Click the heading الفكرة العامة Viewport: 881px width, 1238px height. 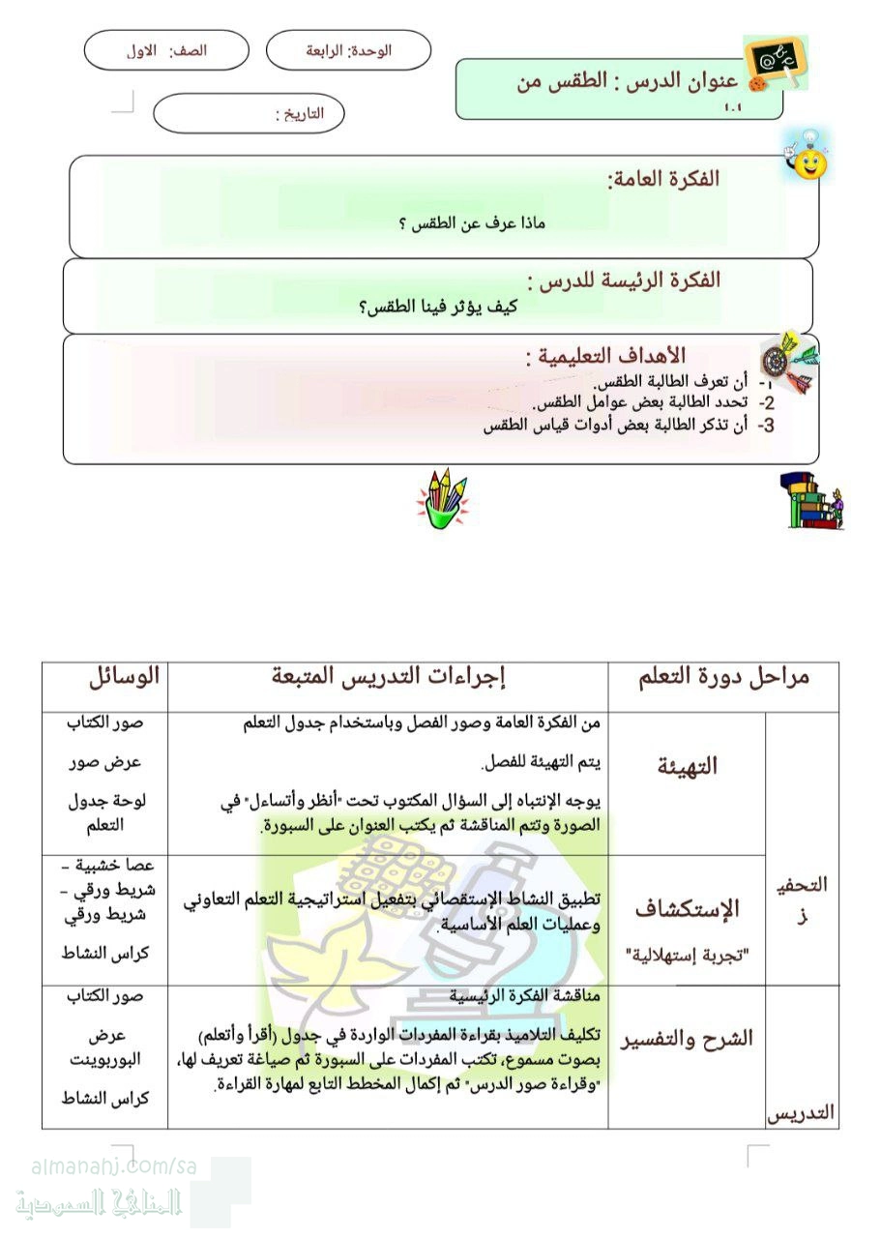tap(663, 179)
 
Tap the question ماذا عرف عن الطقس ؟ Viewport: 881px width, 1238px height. tap(473, 224)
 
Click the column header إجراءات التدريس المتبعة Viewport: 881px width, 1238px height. tap(390, 677)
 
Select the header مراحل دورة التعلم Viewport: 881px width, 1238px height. tap(724, 677)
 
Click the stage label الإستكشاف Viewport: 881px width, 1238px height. tap(688, 908)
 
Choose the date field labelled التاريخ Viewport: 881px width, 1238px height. tap(250, 113)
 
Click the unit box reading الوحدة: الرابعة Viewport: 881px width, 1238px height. tap(348, 50)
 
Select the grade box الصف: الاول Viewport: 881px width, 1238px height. tap(166, 50)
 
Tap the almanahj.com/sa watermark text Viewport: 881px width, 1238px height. tap(114, 1167)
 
